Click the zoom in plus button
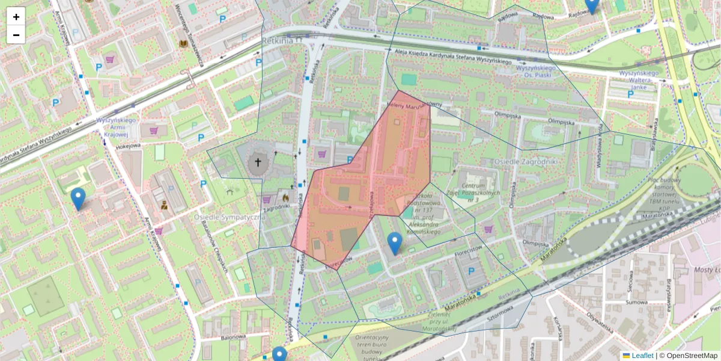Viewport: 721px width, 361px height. [16, 17]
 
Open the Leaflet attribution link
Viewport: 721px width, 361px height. [642, 356]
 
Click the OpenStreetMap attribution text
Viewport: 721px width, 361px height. [692, 356]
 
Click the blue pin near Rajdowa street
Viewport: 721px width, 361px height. [592, 5]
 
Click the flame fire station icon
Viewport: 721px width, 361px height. [284, 196]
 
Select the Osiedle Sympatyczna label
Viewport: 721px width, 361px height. [230, 216]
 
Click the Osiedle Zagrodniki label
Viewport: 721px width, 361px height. [526, 162]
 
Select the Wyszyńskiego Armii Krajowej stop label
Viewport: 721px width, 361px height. [117, 128]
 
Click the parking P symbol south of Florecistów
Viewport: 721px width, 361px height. [470, 272]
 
